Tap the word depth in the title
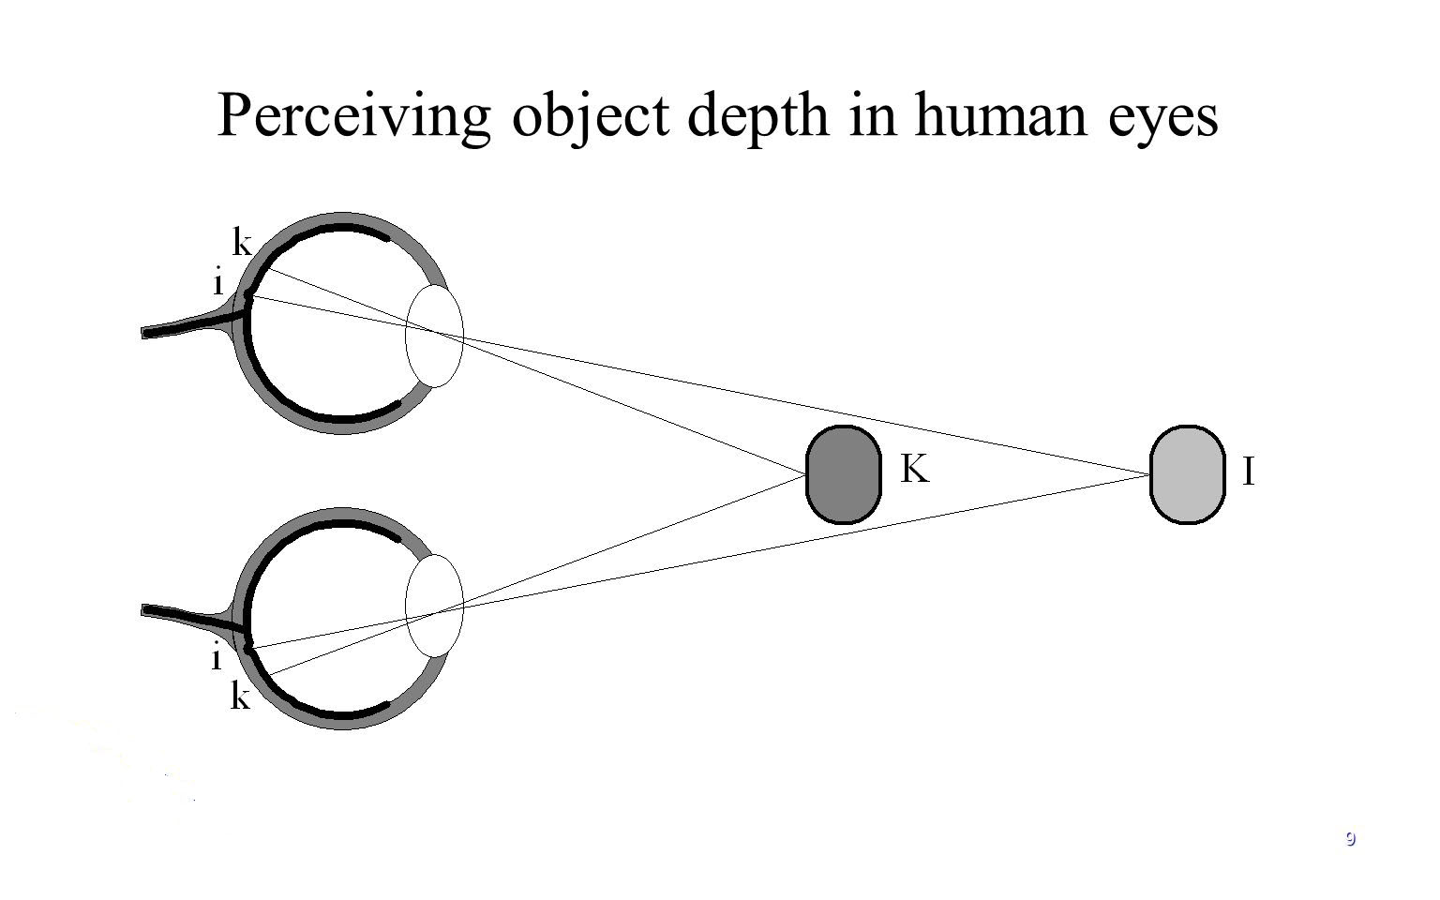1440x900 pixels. click(758, 117)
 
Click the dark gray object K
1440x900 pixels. click(844, 474)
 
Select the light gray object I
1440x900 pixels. click(1187, 474)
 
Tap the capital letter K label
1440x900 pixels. click(914, 469)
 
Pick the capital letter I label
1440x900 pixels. click(1249, 472)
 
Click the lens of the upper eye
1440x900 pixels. click(434, 335)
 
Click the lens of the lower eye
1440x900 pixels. click(434, 606)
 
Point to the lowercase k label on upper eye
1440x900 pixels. click(242, 244)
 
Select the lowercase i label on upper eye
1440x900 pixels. click(218, 282)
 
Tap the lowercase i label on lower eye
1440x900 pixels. click(217, 659)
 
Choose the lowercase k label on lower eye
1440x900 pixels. click(241, 697)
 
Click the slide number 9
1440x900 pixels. click(1350, 838)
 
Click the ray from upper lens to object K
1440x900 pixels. click(637, 409)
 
